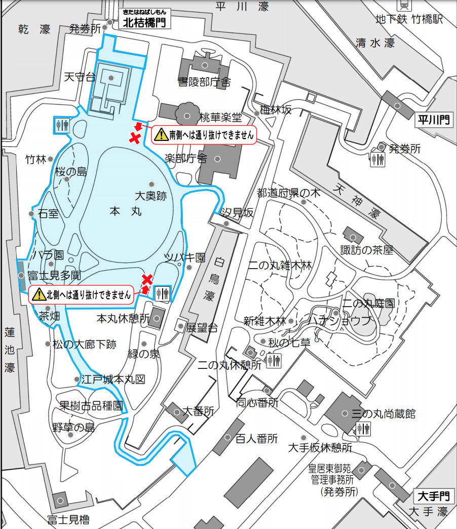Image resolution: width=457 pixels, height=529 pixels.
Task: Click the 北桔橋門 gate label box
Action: (x=144, y=22)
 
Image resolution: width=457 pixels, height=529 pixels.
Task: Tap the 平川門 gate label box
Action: (x=434, y=120)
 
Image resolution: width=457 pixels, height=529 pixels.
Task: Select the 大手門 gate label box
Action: (x=434, y=496)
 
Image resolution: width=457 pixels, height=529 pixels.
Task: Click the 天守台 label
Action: (x=80, y=77)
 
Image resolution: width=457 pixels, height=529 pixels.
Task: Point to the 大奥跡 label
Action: (x=150, y=196)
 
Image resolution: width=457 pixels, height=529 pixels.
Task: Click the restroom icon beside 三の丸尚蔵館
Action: (x=363, y=429)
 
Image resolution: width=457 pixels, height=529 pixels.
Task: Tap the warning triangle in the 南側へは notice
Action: (x=161, y=135)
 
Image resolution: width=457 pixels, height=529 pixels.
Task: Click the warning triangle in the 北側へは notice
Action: (x=38, y=294)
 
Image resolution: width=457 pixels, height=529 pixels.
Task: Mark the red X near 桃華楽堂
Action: (x=135, y=137)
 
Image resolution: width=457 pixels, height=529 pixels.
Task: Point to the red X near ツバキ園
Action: (x=147, y=279)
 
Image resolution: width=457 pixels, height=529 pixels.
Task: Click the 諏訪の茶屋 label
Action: (x=367, y=250)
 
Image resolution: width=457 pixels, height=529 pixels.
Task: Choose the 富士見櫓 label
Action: (x=68, y=519)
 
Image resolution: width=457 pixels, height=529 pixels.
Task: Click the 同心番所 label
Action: (x=257, y=403)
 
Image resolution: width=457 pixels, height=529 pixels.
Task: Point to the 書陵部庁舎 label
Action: (x=204, y=82)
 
